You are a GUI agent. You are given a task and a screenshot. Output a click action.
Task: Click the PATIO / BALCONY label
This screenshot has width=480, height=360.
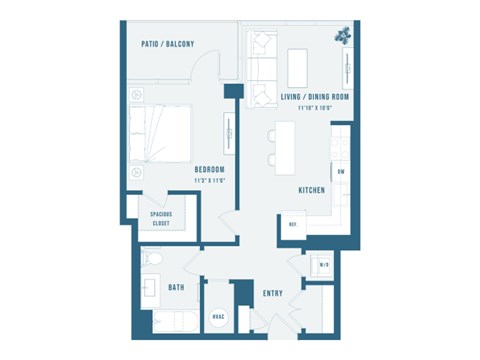click(168, 43)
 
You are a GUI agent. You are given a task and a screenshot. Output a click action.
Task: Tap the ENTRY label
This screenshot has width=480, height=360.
click(273, 293)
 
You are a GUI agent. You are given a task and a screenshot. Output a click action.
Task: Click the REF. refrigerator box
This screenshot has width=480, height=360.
click(293, 223)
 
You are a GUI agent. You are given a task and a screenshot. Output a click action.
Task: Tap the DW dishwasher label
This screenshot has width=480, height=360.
click(341, 172)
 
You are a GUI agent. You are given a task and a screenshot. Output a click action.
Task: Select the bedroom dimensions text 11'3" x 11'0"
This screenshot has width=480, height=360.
click(209, 180)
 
